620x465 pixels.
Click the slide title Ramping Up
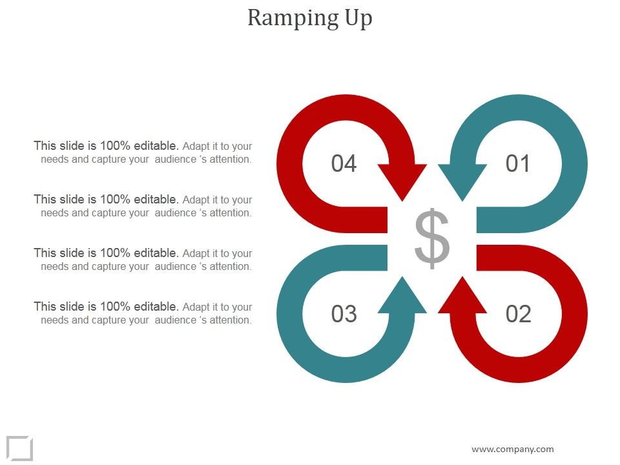[310, 18]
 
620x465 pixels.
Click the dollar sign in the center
[431, 238]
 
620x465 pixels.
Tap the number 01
[518, 163]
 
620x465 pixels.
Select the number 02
[518, 314]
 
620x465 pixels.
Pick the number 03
[344, 314]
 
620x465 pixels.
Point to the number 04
[344, 163]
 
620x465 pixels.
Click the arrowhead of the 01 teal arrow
[462, 181]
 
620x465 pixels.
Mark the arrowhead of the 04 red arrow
[402, 181]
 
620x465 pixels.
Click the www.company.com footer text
[513, 449]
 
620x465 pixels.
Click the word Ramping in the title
[285, 18]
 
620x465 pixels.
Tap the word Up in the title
[357, 18]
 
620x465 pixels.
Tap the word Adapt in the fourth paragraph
[196, 307]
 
